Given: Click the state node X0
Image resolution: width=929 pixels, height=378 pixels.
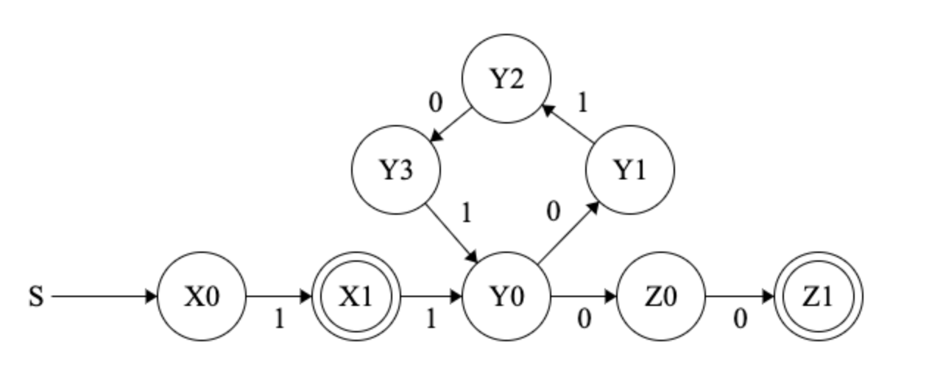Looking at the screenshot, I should (x=202, y=297).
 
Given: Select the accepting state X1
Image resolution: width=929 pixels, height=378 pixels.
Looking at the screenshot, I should (x=356, y=297).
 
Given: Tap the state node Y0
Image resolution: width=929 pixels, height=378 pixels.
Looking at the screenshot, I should (x=506, y=297).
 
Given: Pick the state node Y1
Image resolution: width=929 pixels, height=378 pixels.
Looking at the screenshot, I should (x=629, y=171).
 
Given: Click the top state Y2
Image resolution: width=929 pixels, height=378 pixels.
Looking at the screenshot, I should (x=506, y=79).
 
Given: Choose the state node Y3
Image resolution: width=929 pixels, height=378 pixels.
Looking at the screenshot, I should (x=396, y=171).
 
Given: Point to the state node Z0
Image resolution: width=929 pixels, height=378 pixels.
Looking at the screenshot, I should (x=660, y=297).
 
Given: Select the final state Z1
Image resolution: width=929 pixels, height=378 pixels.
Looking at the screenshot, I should (x=819, y=297).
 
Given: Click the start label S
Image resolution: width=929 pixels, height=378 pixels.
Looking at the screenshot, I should (x=36, y=298).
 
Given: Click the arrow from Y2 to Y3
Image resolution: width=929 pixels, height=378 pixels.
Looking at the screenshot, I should (x=451, y=125).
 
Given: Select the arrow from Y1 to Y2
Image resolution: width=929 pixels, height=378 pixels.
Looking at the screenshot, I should (x=569, y=124).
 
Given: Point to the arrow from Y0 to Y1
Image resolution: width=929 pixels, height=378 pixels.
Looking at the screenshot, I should (x=568, y=233).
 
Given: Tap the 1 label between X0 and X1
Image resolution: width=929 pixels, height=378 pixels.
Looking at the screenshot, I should (x=279, y=320).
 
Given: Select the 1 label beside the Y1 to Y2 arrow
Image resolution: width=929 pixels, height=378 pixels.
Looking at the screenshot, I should (x=582, y=104).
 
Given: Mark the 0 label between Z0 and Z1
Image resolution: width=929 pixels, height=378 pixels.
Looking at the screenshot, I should (x=740, y=320).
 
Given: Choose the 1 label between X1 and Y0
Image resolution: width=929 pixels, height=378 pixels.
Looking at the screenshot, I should (x=431, y=320).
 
